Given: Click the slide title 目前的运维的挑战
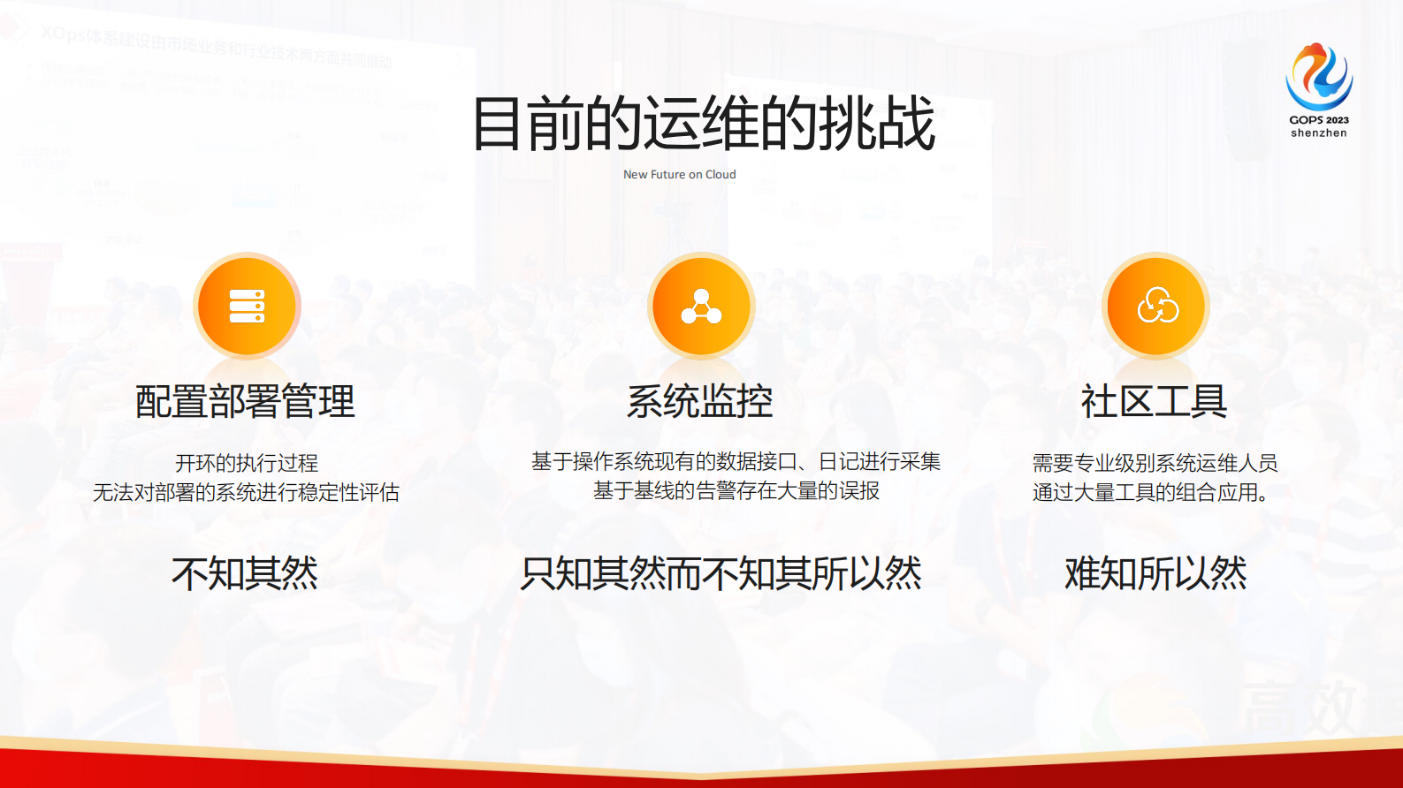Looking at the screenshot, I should point(704,124).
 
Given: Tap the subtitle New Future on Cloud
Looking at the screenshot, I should point(679,175).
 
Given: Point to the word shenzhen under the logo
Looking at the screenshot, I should point(1319,133).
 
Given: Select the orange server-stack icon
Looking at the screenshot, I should point(247,306).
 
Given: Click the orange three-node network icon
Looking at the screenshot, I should point(701,306).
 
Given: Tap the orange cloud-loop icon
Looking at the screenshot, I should point(1156,306).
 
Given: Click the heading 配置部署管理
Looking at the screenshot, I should point(245,402).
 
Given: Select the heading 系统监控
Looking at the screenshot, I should point(700,402).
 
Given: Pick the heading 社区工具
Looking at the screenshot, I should point(1155,402).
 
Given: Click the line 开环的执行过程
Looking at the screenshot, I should point(247,463).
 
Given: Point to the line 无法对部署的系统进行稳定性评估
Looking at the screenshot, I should point(247,492).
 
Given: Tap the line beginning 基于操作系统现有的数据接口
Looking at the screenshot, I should point(736,461).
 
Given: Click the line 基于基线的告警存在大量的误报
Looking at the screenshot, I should point(736,490).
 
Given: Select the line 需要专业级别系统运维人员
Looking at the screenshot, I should point(1155,463).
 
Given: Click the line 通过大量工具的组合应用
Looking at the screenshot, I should point(1149,492).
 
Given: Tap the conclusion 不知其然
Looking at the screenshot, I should point(245,573).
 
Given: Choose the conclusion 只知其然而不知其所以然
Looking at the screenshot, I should point(721,573).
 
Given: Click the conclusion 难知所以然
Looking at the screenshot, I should point(1155,573).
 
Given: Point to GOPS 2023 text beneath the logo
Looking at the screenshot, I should point(1319,120).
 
